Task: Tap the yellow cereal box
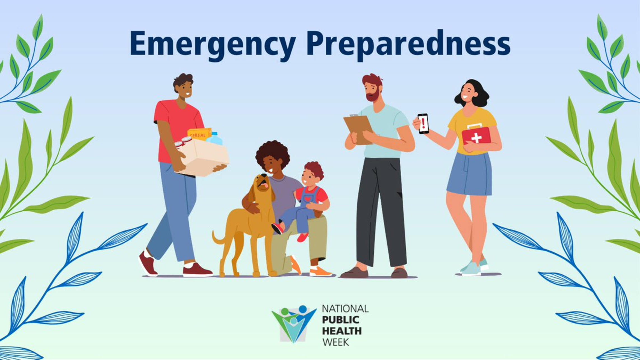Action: tap(199, 134)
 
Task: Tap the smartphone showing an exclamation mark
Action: tap(423, 123)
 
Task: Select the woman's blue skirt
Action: tap(470, 174)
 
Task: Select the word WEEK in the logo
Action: tap(336, 342)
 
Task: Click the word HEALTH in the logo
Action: tap(342, 331)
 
